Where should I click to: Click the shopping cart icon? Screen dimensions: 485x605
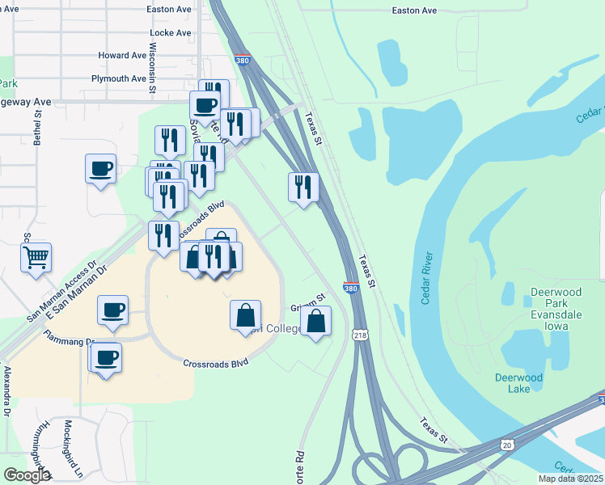pos(36,258)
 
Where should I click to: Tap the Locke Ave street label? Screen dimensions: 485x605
pos(171,33)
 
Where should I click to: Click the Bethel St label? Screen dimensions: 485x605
pos(37,129)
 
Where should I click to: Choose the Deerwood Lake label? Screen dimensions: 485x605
pos(513,383)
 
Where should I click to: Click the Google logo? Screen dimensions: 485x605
pos(27,475)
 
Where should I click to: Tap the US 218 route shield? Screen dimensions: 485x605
pos(360,334)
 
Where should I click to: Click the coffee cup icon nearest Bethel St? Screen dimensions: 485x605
pos(100,169)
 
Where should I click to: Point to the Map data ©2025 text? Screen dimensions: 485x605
pos(570,479)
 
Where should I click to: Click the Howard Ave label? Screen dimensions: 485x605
pos(122,56)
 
